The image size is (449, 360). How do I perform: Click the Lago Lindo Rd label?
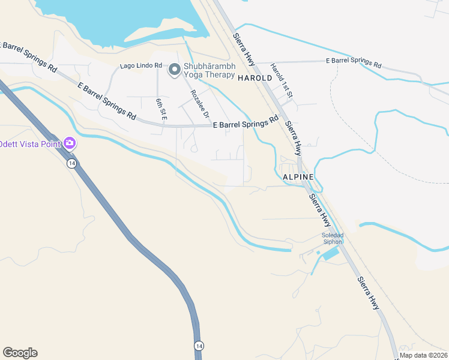click(x=141, y=65)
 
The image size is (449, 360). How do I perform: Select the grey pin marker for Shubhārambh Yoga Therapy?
click(x=174, y=70)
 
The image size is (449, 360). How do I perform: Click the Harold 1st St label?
click(x=281, y=81)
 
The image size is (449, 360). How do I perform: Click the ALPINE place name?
click(x=298, y=177)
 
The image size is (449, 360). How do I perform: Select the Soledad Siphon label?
click(x=332, y=238)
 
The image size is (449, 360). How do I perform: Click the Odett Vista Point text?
click(x=29, y=143)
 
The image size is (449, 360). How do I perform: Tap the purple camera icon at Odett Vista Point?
click(x=70, y=143)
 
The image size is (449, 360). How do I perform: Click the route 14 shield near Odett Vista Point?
click(x=71, y=164)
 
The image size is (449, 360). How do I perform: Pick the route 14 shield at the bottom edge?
click(x=198, y=346)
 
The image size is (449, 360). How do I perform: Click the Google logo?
click(x=20, y=353)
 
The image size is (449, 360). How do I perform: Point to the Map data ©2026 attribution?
click(x=423, y=355)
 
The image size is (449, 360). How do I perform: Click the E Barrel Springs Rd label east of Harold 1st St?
click(x=353, y=62)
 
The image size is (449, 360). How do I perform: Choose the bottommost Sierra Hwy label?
click(x=369, y=293)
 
